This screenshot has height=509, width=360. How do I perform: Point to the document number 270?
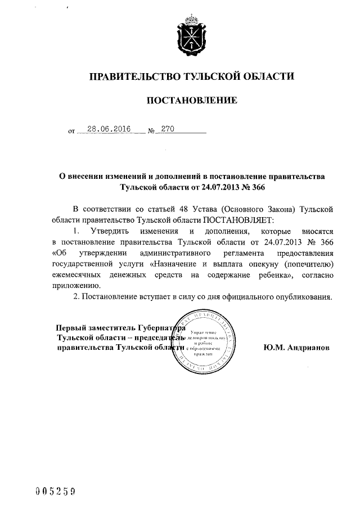pyautogui.click(x=168, y=129)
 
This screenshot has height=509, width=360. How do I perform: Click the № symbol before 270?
pyautogui.click(x=151, y=132)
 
